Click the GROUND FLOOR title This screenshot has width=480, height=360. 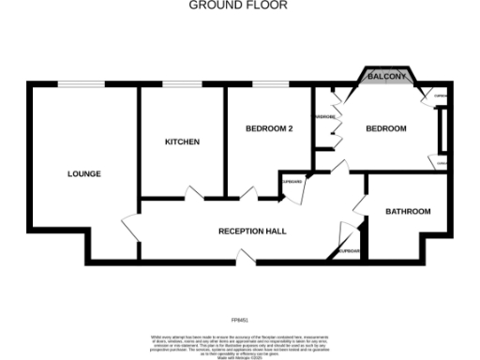(239, 6)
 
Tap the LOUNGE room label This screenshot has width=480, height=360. (84, 174)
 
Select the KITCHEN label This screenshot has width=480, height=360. (182, 142)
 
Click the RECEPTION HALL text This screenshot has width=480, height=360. (252, 231)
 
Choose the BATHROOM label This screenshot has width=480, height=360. (408, 212)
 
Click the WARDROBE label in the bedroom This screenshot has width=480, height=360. (325, 117)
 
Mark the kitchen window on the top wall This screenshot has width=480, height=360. (181, 85)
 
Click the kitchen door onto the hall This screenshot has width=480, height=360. (194, 194)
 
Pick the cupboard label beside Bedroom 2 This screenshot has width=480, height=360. (292, 181)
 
